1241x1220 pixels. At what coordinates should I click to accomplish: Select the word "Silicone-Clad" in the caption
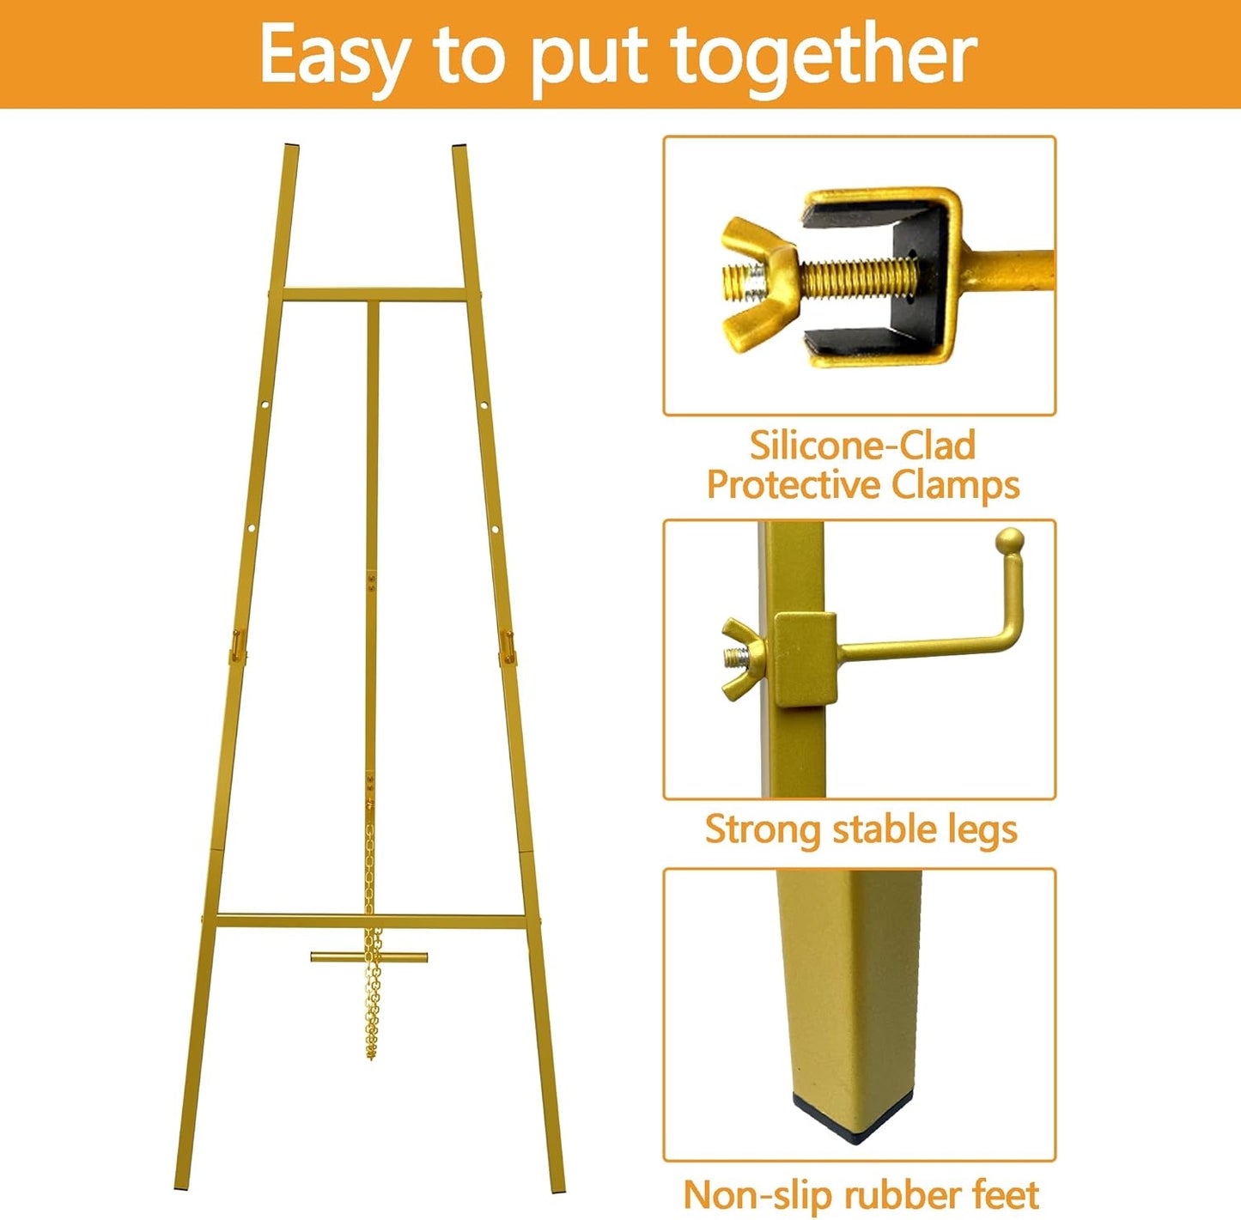pyautogui.click(x=862, y=446)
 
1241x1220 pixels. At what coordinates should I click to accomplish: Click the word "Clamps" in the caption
pyautogui.click(x=955, y=485)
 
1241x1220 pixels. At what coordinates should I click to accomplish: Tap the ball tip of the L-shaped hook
pyautogui.click(x=1009, y=542)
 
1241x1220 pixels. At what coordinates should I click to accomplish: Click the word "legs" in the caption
pyautogui.click(x=982, y=829)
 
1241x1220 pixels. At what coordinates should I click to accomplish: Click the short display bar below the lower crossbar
pyautogui.click(x=369, y=956)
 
